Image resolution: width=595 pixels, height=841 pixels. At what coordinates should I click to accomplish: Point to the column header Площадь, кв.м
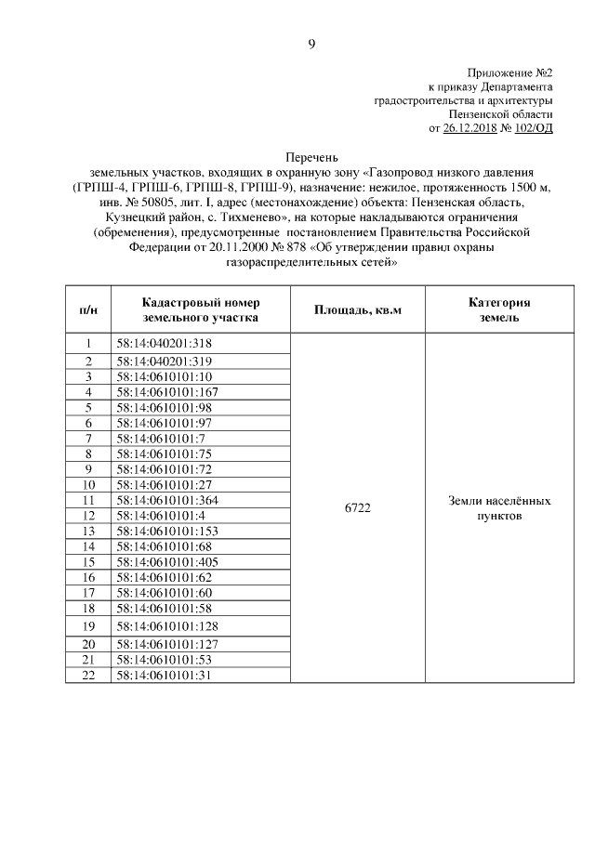click(357, 309)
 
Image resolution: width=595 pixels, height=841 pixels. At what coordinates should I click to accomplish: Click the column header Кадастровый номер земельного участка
click(201, 309)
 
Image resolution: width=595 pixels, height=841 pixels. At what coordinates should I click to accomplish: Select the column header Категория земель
click(499, 309)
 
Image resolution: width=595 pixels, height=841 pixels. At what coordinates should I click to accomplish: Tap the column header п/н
click(89, 309)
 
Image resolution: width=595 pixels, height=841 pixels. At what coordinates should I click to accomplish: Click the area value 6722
click(357, 507)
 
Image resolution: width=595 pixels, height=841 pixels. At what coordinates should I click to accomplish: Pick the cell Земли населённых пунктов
click(499, 507)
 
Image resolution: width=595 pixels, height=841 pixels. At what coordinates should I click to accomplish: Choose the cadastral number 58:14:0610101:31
click(161, 675)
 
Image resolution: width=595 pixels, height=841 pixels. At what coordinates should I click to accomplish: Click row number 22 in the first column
click(89, 675)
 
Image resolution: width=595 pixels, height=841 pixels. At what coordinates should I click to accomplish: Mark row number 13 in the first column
click(89, 531)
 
